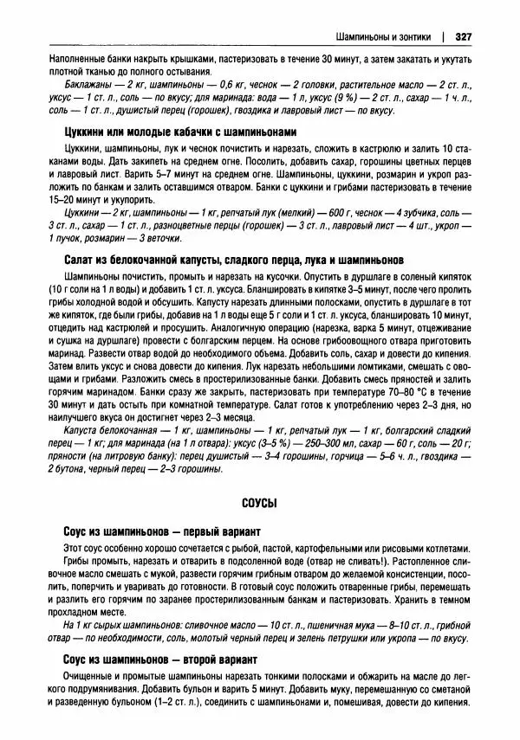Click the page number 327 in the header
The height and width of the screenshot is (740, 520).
tap(461, 36)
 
